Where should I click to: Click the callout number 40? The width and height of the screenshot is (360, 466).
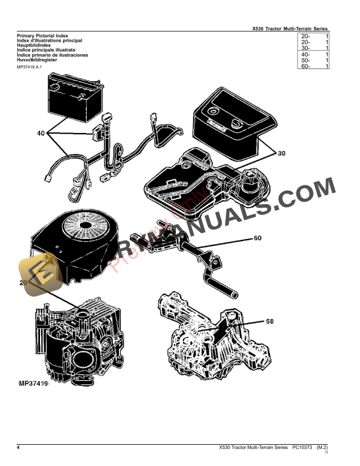click(41, 134)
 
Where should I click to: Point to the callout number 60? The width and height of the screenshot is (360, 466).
click(257, 239)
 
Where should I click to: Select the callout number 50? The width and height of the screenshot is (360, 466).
click(270, 321)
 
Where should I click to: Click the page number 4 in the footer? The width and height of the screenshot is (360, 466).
click(18, 448)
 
